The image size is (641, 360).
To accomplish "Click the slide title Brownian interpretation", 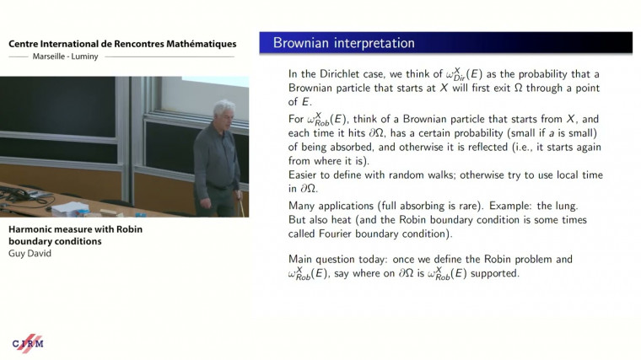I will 343,43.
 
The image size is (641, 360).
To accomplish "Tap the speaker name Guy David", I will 28,253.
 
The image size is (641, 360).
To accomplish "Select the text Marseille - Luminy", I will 64,58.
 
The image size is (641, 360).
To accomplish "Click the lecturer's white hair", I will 223,110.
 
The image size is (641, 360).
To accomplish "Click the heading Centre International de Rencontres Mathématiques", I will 121,44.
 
